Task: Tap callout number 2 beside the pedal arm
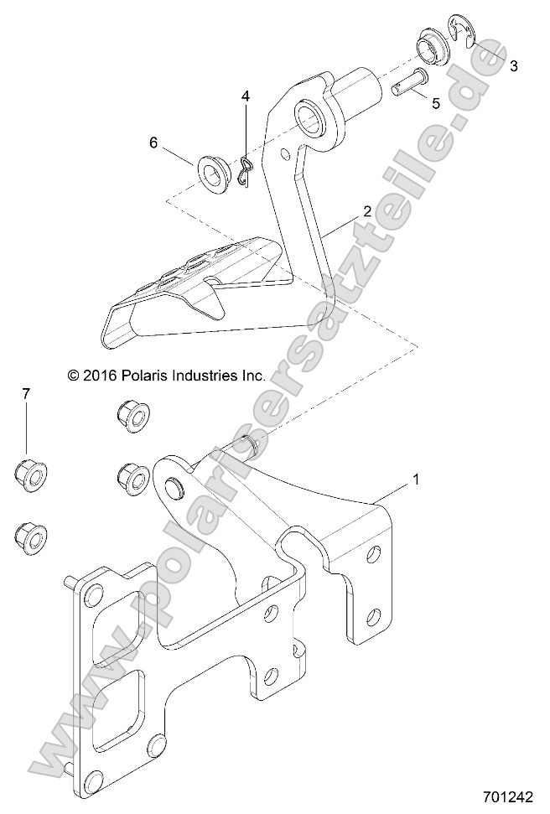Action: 366,212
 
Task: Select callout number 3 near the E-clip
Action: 513,65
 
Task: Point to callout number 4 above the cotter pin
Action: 246,97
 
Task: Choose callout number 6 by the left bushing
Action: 153,143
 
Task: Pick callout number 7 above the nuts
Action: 26,393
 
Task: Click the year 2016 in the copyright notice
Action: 97,376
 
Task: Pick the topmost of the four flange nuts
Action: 130,415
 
